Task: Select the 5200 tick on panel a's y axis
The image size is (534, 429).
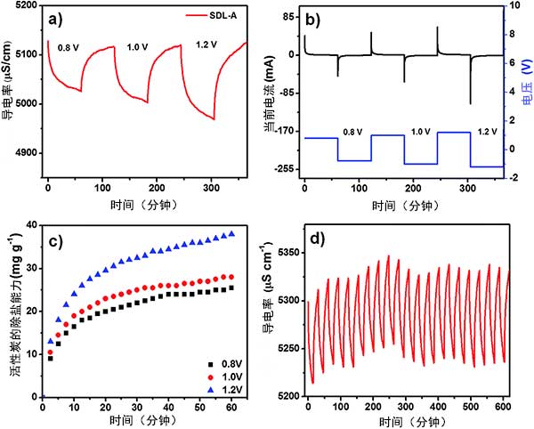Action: tap(25, 6)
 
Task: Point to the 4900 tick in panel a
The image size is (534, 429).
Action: tap(25, 153)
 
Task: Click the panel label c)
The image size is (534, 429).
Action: tap(55, 240)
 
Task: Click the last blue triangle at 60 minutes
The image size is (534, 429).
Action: tap(232, 234)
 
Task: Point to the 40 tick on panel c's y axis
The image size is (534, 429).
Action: tap(31, 225)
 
